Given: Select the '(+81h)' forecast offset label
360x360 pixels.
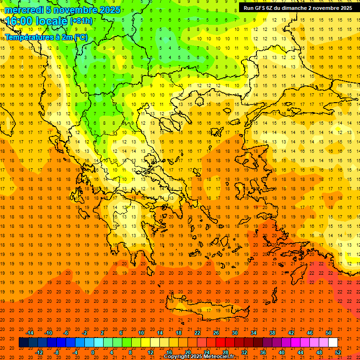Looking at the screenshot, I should (x=81, y=21).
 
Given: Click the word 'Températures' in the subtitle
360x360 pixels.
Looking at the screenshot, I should (x=27, y=37).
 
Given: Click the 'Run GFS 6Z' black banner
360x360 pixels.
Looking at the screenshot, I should (x=298, y=8).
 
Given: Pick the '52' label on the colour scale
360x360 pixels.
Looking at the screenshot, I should (x=338, y=352).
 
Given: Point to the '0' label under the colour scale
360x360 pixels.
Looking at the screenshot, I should (x=93, y=352).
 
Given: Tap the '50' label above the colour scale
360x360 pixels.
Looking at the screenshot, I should (x=329, y=333).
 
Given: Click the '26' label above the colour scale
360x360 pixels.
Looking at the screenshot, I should (x=216, y=333).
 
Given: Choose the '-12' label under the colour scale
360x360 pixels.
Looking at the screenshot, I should (x=39, y=352).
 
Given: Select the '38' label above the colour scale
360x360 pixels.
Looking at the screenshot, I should (x=272, y=333).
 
